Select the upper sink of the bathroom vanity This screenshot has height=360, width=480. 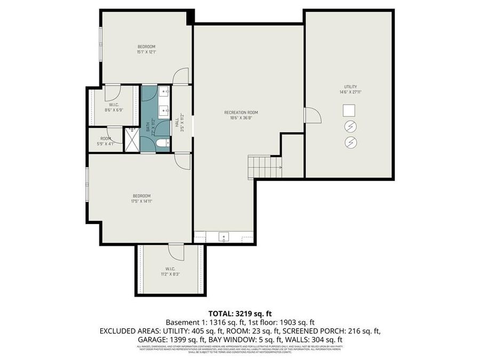click(x=164, y=91)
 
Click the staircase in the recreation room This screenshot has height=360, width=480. click(x=263, y=167)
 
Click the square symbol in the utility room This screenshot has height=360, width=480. click(x=349, y=110)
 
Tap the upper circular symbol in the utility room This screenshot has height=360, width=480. click(x=350, y=126)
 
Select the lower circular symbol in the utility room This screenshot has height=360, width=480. click(x=350, y=142)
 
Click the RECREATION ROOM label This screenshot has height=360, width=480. click(x=241, y=113)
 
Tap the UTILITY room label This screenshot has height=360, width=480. click(x=350, y=86)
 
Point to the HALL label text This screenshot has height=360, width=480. click(x=177, y=123)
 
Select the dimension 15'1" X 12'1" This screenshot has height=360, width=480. click(x=146, y=52)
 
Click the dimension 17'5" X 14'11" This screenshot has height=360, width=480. click(x=142, y=201)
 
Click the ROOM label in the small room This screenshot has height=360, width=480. click(x=106, y=138)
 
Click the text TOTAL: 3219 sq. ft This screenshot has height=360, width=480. click(x=239, y=313)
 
